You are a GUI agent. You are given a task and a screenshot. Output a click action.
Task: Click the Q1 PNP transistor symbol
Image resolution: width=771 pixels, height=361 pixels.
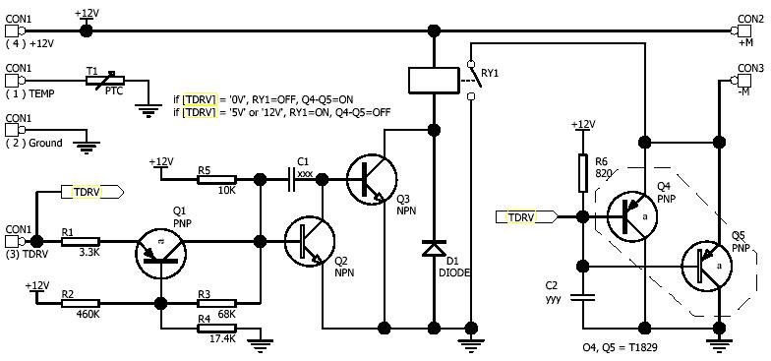pyautogui.click(x=160, y=252)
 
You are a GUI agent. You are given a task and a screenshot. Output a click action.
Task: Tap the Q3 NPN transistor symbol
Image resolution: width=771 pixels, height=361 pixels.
pyautogui.click(x=372, y=179)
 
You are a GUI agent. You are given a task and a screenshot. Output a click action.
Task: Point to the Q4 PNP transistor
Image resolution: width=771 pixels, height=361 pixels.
pyautogui.click(x=631, y=216)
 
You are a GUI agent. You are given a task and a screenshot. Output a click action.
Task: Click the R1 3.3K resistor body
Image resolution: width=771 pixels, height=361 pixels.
pyautogui.click(x=81, y=242)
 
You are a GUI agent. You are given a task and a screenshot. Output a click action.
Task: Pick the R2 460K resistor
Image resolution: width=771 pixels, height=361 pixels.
pyautogui.click(x=81, y=303)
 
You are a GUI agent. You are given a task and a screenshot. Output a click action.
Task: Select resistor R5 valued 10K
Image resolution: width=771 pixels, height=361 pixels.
pyautogui.click(x=216, y=179)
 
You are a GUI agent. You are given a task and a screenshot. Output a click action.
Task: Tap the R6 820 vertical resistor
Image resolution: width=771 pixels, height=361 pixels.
pyautogui.click(x=582, y=173)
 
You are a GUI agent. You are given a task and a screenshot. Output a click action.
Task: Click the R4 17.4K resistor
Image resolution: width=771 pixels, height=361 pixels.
pyautogui.click(x=216, y=329)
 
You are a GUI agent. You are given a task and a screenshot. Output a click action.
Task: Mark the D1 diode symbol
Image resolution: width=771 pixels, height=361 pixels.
pyautogui.click(x=433, y=248)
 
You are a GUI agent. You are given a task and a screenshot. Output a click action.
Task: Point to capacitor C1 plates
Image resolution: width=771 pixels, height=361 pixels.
pyautogui.click(x=291, y=179)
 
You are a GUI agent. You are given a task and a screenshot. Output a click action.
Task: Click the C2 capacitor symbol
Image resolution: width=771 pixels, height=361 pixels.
pyautogui.click(x=582, y=297)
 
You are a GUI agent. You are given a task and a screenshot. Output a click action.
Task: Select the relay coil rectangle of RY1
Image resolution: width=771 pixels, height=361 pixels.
pyautogui.click(x=433, y=81)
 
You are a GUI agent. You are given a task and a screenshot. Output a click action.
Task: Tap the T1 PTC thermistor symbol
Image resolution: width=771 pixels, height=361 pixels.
pyautogui.click(x=105, y=81)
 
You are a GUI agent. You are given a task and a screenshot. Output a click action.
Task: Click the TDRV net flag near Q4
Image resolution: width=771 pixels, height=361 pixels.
pyautogui.click(x=526, y=216)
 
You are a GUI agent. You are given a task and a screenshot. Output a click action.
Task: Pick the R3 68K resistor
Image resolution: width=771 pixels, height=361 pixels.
pyautogui.click(x=216, y=303)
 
